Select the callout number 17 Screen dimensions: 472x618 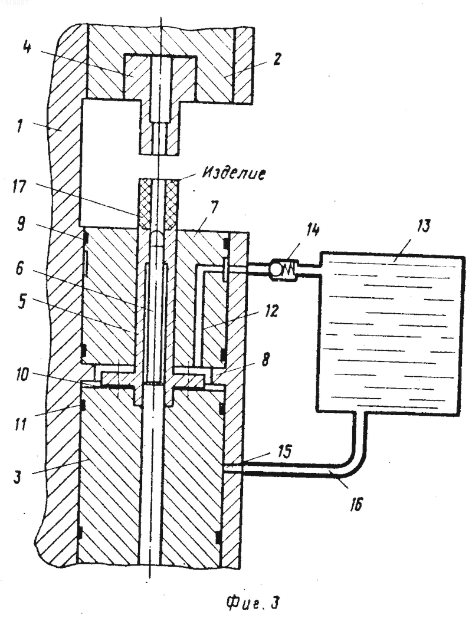(19, 187)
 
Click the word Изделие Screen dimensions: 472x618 (234, 173)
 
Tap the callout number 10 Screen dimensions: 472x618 (22, 375)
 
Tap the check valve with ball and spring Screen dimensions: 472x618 (284, 269)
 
